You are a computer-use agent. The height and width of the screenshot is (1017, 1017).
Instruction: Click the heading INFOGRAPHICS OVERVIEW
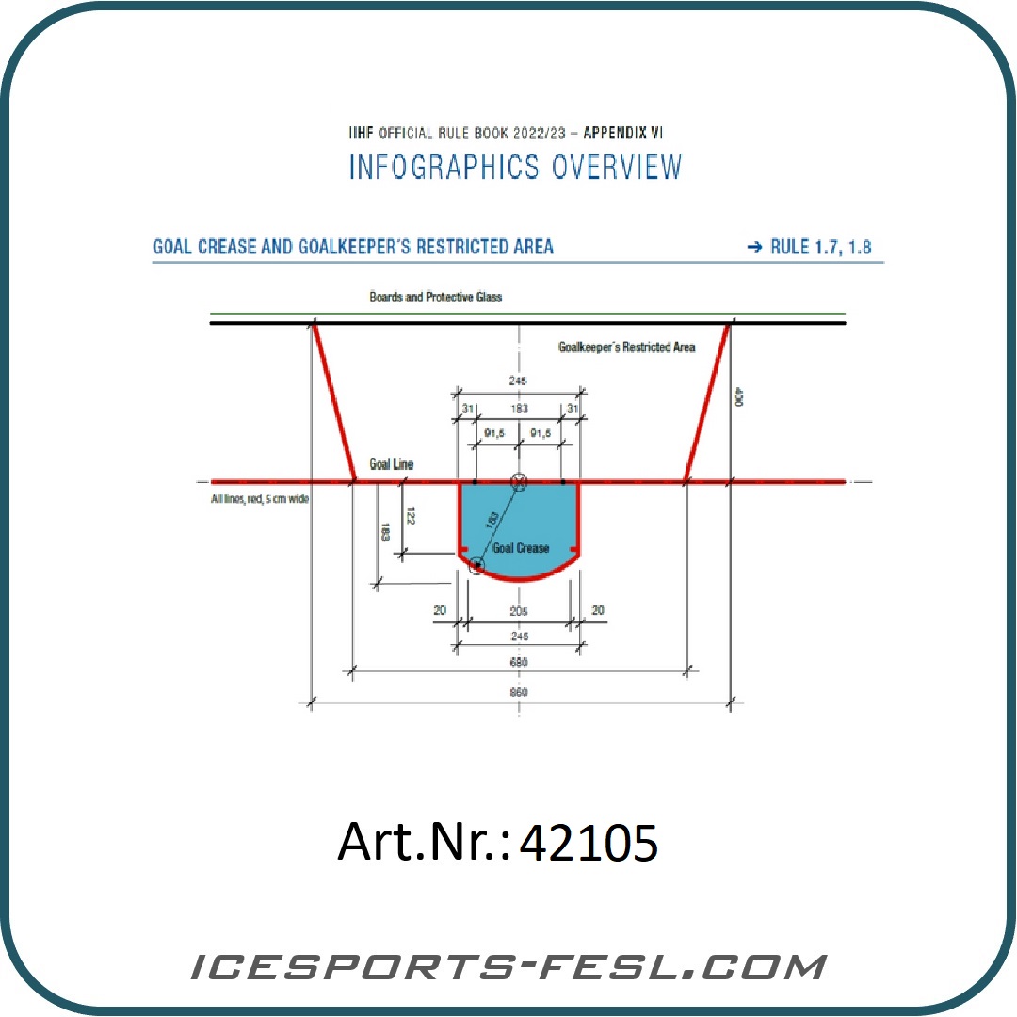[515, 168]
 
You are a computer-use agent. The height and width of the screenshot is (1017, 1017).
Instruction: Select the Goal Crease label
[521, 547]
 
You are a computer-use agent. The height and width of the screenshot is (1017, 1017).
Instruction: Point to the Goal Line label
[391, 464]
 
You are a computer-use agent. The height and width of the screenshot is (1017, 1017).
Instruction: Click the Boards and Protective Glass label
[436, 297]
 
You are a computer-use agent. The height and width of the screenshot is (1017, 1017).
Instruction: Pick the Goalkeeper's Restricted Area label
[627, 347]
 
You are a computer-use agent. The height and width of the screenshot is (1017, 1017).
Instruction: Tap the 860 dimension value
[518, 692]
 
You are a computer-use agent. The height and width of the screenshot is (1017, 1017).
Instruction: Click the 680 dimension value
[518, 662]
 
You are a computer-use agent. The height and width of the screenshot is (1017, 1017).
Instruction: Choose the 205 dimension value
[518, 610]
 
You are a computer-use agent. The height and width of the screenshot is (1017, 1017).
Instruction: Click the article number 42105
[589, 844]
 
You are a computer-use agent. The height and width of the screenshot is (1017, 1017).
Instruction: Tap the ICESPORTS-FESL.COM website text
[508, 967]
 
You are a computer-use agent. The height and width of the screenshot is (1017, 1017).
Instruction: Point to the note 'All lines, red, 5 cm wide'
[260, 499]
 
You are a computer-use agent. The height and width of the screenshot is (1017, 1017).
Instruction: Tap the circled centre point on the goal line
[517, 482]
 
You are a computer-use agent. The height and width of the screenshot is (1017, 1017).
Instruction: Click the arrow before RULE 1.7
[753, 248]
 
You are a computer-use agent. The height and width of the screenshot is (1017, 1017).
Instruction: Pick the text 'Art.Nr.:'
[423, 842]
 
